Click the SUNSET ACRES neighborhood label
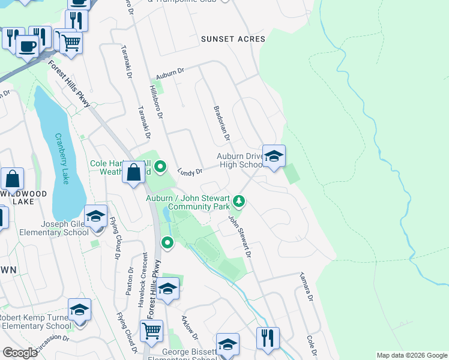[233, 39]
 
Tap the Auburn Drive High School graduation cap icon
[274, 157]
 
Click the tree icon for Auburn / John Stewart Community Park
[239, 200]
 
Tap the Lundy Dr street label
[191, 172]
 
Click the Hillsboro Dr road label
[155, 101]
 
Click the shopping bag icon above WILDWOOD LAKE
[12, 179]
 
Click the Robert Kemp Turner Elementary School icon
[79, 310]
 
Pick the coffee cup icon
[27, 46]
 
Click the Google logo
[20, 353]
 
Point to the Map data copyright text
[411, 355]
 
